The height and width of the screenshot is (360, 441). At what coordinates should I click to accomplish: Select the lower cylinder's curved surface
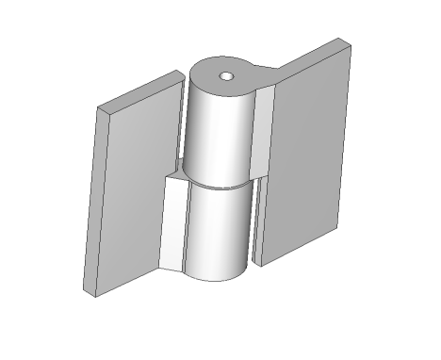217,231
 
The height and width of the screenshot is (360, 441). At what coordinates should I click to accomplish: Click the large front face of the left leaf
132,188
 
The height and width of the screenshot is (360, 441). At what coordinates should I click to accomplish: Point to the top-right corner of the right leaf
351,43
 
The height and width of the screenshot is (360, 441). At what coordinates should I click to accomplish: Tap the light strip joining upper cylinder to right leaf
264,132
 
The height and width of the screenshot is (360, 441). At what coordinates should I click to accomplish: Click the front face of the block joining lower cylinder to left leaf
172,226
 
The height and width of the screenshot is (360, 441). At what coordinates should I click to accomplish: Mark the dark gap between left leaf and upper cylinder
179,132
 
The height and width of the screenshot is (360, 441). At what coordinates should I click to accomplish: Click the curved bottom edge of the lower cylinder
217,279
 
